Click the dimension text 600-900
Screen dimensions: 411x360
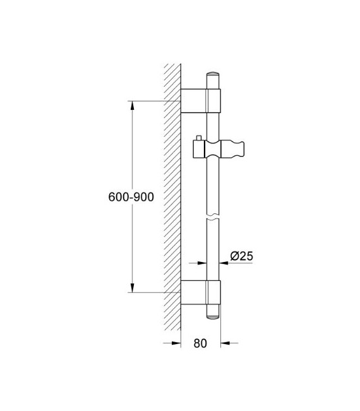tap(131, 197)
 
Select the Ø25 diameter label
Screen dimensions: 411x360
tap(241, 256)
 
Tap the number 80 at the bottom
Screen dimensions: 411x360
tap(200, 343)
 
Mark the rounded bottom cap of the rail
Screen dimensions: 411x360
tap(213, 315)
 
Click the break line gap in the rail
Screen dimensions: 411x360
tap(213, 218)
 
